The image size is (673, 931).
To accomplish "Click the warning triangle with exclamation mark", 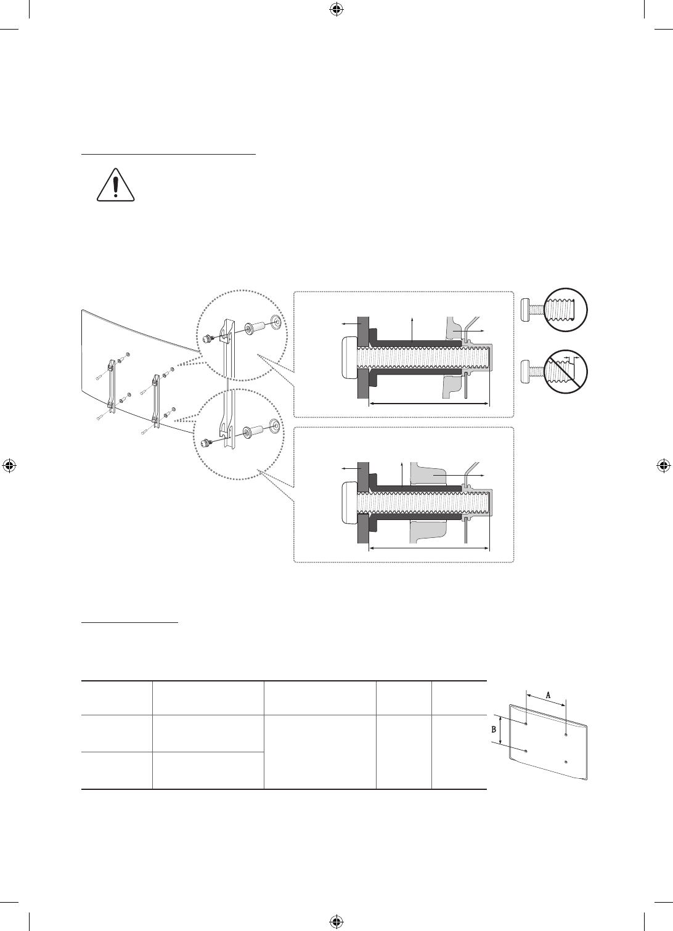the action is tap(116, 185).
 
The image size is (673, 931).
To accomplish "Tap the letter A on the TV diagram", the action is tap(548, 694).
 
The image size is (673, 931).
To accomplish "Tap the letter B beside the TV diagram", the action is tap(494, 730).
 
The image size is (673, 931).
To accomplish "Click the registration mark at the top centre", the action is tap(336, 9).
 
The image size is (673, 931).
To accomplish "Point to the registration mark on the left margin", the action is tap(9, 466).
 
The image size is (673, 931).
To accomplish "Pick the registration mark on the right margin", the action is tap(663, 466).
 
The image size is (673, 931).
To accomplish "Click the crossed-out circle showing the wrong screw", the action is tap(566, 371).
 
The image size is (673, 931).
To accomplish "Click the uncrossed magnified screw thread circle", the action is tap(566, 310).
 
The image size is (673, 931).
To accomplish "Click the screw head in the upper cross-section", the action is tap(348, 357).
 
